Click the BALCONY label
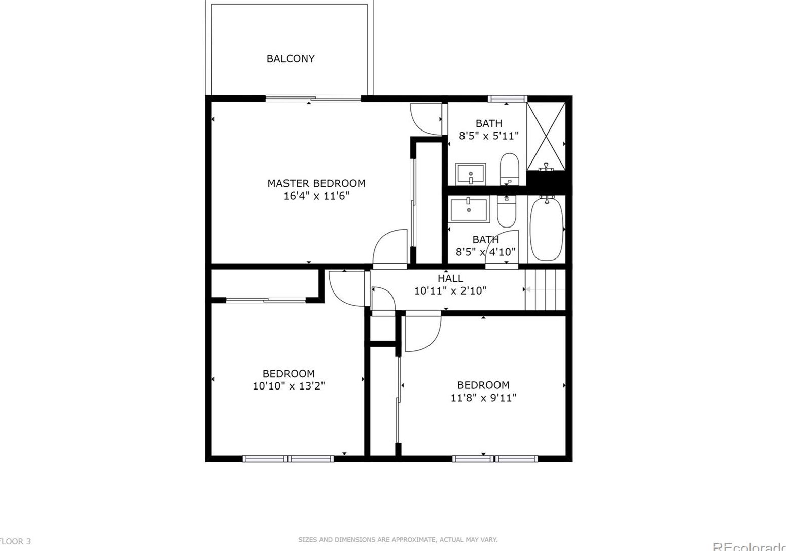coord(291,59)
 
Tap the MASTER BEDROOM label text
coord(316,183)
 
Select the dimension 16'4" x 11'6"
coord(316,196)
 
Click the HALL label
coord(450,278)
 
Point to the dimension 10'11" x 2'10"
coord(450,291)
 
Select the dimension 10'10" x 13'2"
coord(289,386)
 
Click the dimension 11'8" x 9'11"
coord(483,398)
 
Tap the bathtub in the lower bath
coord(547,228)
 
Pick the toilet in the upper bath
coord(509,169)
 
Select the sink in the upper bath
coord(471,174)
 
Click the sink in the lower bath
coord(469,210)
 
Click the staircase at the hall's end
coord(545,290)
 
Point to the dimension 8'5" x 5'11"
coord(489,136)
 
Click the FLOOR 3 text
coord(15,541)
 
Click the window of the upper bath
coord(507,99)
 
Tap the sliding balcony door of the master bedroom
coord(313,99)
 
